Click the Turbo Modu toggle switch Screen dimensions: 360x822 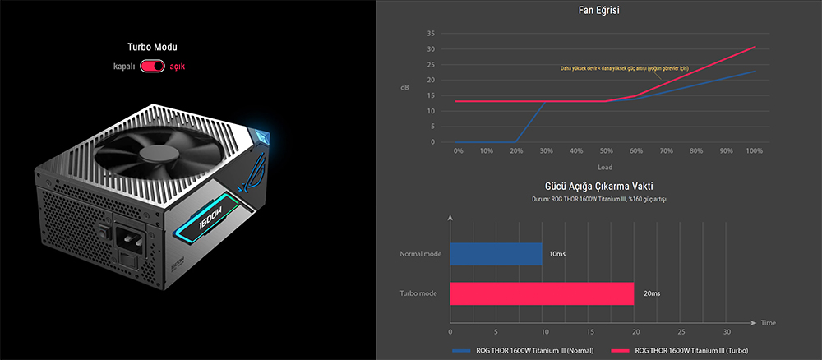153,65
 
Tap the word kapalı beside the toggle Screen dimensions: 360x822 126,65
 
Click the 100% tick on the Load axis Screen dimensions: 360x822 755,151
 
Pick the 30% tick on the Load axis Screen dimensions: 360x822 546,151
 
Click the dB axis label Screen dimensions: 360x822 404,87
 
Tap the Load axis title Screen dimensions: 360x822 605,167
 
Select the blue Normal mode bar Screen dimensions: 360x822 496,254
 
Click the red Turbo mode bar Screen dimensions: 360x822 542,293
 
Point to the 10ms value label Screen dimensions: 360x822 556,254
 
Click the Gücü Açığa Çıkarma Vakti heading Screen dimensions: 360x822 598,187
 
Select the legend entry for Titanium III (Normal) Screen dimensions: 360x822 534,351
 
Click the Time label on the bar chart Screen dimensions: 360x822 768,322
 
